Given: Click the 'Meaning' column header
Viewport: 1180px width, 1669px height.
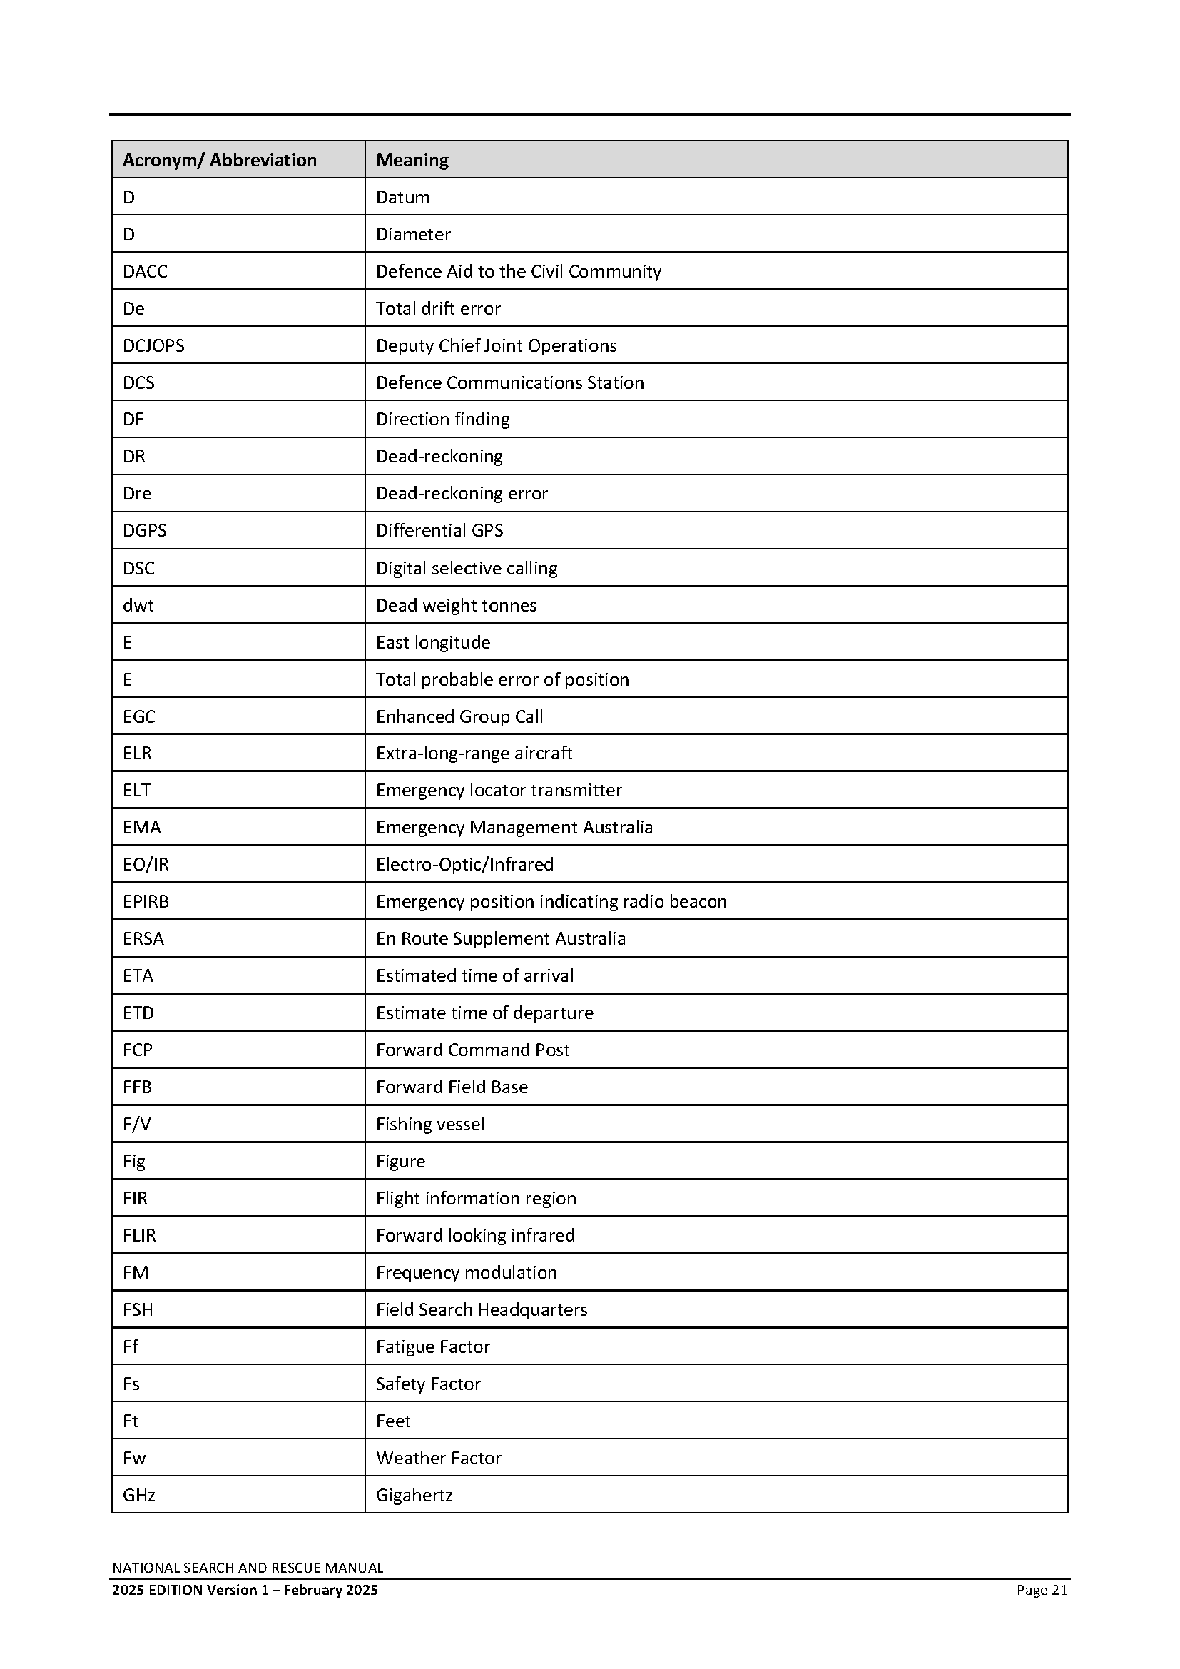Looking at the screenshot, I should click(x=412, y=160).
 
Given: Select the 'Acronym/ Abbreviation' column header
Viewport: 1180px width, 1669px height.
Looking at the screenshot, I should click(x=220, y=160).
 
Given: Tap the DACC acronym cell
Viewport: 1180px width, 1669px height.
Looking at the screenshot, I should click(x=146, y=271).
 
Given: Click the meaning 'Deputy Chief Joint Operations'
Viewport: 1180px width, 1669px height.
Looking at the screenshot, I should click(x=496, y=345).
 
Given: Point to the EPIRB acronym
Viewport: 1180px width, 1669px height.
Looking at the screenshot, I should click(x=146, y=901).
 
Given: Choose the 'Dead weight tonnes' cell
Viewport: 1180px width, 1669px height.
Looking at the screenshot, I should click(x=456, y=605).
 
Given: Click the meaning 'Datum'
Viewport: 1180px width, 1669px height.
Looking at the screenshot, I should click(x=402, y=197).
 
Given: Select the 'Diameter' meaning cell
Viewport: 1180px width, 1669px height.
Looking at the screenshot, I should click(x=412, y=234).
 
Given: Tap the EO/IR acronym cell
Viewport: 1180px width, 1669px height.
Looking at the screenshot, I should click(x=146, y=864).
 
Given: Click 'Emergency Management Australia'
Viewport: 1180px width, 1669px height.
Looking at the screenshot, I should click(x=514, y=827).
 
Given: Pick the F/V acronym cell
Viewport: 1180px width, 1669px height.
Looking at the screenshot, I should click(x=136, y=1124).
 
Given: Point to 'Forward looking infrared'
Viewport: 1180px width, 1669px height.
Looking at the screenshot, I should click(x=475, y=1235).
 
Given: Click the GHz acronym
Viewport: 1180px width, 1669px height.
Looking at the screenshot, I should click(x=139, y=1496).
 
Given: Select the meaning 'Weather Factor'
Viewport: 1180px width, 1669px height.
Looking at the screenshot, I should click(x=438, y=1458).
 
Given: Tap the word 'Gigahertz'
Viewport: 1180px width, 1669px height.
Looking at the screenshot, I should click(x=414, y=1496).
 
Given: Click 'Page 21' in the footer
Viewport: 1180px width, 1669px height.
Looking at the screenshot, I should click(x=1042, y=1590).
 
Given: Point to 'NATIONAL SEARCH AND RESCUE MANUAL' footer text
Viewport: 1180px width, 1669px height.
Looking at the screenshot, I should click(x=248, y=1568).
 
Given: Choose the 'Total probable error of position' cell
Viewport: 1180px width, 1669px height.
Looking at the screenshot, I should click(x=502, y=679).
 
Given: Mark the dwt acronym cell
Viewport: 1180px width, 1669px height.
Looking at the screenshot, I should click(x=138, y=605).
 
